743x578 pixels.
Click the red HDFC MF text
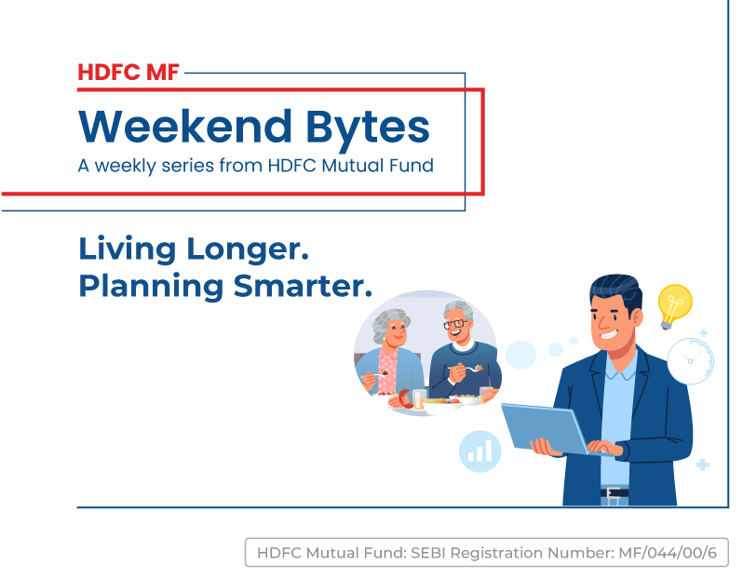(128, 73)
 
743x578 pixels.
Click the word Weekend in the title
(185, 126)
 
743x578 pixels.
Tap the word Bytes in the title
(368, 128)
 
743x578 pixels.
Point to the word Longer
(248, 249)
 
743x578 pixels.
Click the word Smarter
(303, 286)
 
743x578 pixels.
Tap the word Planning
(151, 287)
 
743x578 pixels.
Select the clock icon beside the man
(690, 361)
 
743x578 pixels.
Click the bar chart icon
(480, 451)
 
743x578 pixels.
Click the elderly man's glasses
(455, 324)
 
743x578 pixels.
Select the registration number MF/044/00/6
(668, 553)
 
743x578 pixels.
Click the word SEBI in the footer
(428, 553)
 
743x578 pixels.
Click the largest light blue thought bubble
(520, 355)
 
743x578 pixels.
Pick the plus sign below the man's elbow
(702, 464)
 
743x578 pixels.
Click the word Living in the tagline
(127, 249)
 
